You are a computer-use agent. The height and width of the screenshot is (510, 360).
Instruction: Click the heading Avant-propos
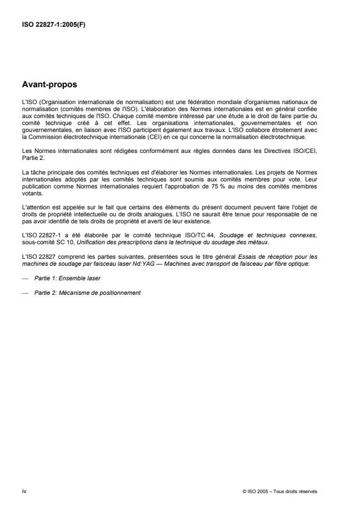(49, 84)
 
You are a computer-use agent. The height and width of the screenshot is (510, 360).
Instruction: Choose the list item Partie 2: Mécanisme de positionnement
(87, 293)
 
